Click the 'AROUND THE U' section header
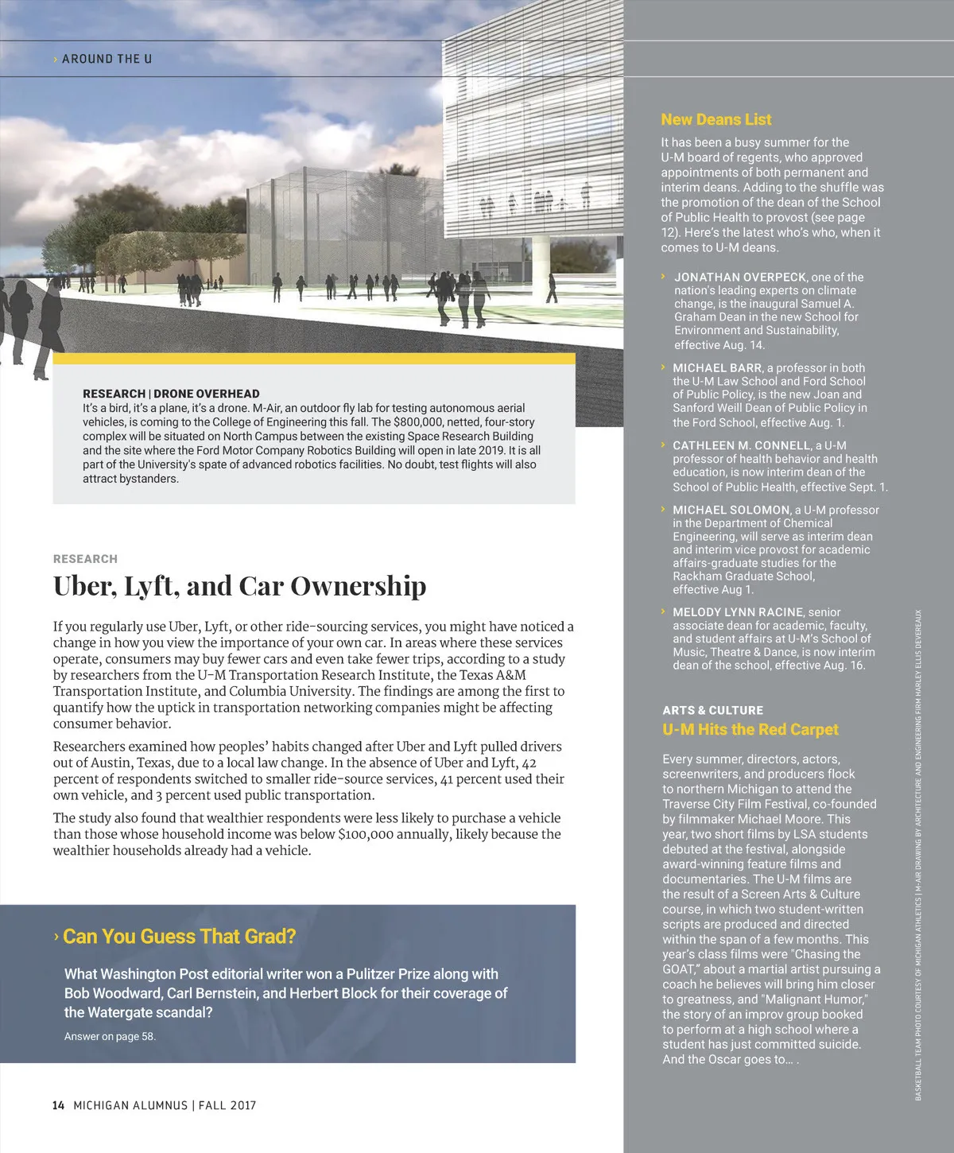point(107,59)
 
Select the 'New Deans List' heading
point(716,119)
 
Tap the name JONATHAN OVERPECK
point(741,277)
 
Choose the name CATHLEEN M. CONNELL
point(742,445)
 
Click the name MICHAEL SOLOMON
point(731,510)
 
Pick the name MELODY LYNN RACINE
point(738,612)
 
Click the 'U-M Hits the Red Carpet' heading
point(750,730)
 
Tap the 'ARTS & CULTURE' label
point(713,710)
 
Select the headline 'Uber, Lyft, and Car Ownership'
point(239,586)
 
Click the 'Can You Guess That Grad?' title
point(179,937)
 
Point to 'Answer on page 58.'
point(110,1036)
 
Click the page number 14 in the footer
point(58,1105)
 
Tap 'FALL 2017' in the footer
point(227,1105)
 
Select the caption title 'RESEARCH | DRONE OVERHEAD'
point(171,394)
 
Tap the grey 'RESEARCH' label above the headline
point(85,559)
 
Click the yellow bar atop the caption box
point(314,359)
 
